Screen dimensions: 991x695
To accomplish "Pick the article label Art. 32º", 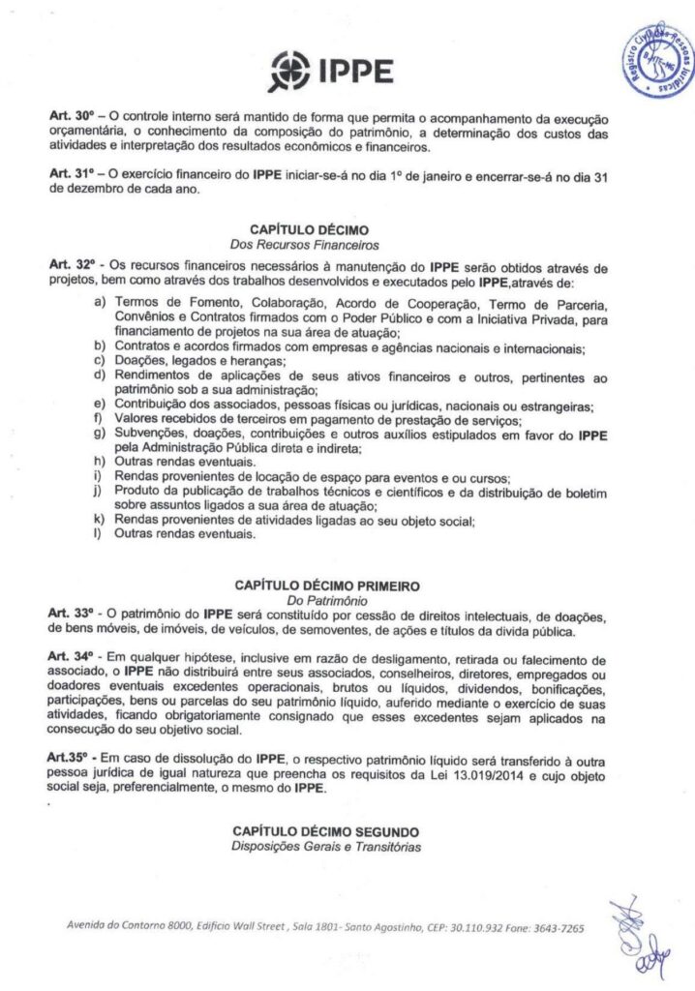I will (72, 265).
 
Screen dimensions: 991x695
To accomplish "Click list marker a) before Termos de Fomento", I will (100, 304).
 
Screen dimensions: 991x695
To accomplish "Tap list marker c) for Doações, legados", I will (100, 360).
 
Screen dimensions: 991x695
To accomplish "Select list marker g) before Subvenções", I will (100, 435).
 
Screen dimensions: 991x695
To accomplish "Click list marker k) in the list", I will (100, 523).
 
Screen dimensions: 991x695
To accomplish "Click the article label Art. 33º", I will (70, 616).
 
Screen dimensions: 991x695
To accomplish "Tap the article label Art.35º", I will (68, 754).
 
